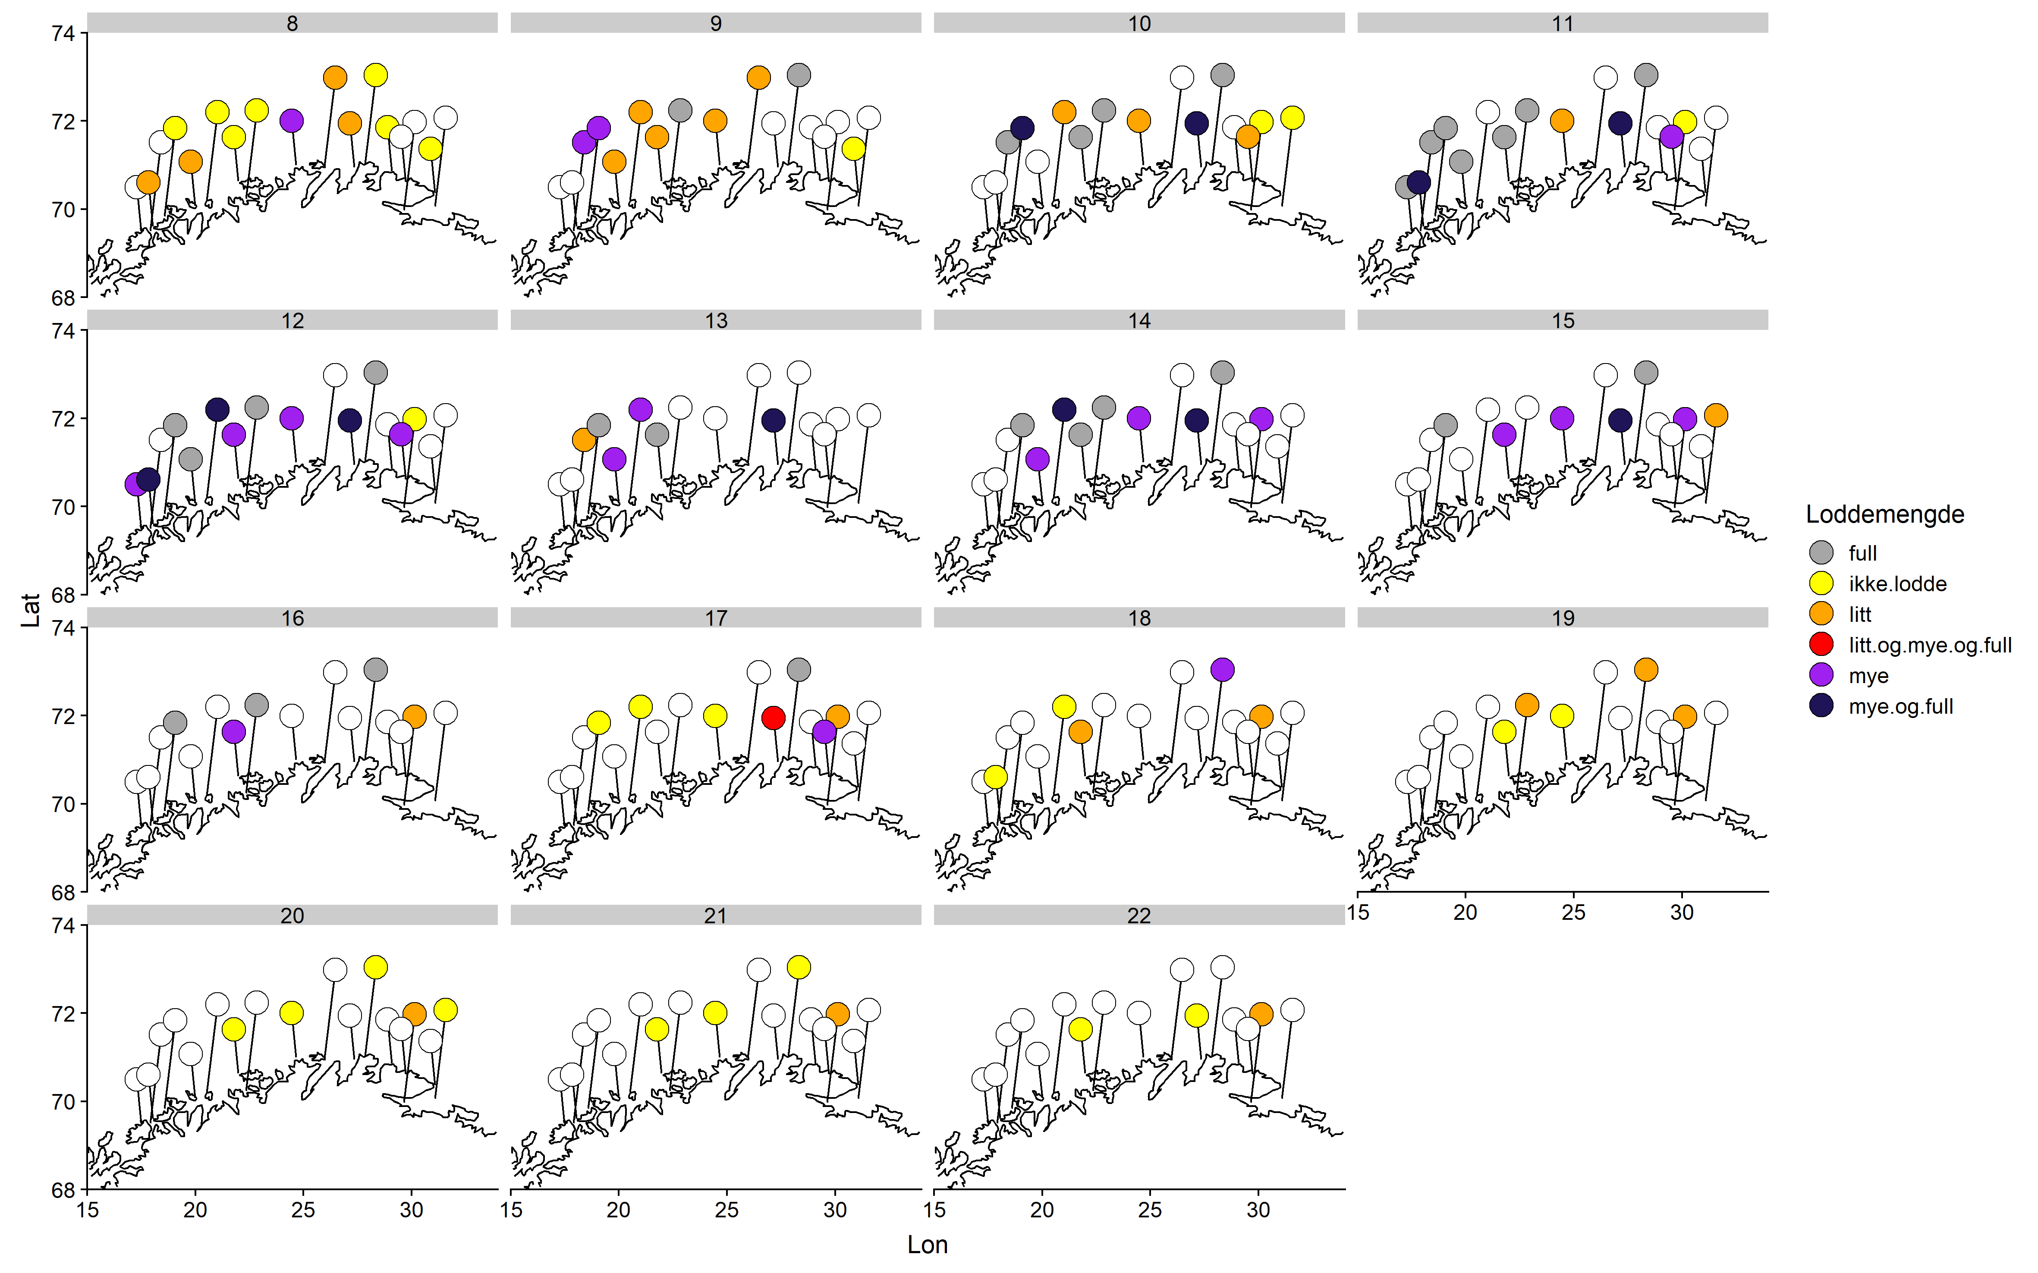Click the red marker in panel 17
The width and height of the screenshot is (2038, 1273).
click(773, 717)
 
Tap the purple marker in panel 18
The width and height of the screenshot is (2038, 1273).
click(1222, 669)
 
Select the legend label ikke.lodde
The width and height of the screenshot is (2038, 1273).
click(1897, 583)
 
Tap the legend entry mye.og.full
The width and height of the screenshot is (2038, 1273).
click(1901, 706)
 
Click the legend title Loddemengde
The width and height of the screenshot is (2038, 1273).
click(1885, 514)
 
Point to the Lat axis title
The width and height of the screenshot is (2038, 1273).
click(30, 610)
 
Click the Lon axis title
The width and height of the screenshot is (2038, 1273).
click(927, 1245)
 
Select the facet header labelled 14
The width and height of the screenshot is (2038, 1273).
click(1139, 321)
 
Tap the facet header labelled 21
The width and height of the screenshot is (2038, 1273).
click(715, 915)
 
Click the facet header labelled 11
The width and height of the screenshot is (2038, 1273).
click(1562, 24)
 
